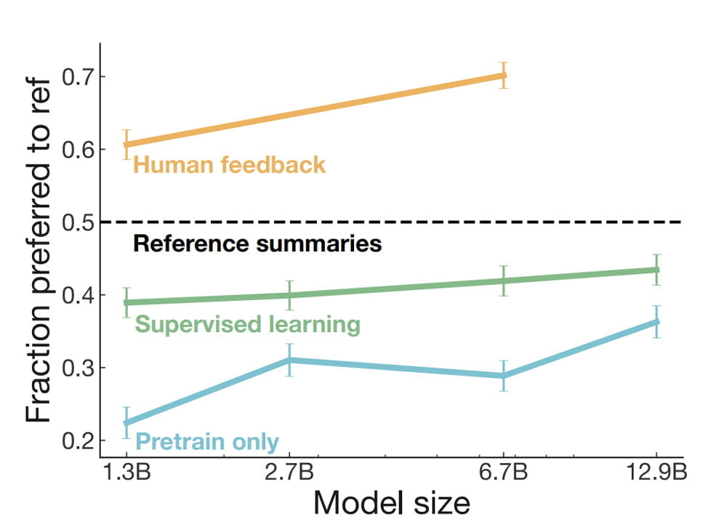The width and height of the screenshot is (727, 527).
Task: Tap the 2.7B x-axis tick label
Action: tap(289, 474)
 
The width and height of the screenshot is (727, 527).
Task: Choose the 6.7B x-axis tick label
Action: tap(504, 474)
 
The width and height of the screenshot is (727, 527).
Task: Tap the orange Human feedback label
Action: tap(229, 165)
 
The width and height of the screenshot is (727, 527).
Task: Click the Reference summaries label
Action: tap(257, 244)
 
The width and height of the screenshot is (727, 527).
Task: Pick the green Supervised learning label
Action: tap(248, 324)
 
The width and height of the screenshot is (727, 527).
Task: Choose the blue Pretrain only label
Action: tap(207, 440)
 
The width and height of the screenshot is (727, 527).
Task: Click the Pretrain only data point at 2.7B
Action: tap(289, 360)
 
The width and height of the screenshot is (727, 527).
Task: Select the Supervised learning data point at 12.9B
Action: tap(656, 270)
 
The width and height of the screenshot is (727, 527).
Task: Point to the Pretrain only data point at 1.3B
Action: tap(126, 423)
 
